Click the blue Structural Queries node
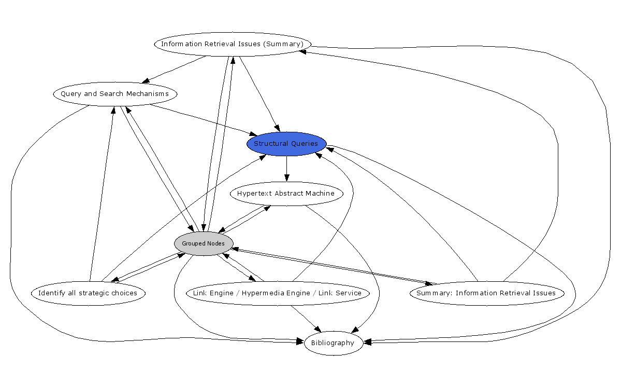[286, 144]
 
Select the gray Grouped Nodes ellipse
[204, 243]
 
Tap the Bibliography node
[333, 343]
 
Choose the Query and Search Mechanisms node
[114, 94]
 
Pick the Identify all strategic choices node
[88, 293]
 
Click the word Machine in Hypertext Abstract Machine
[321, 194]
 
